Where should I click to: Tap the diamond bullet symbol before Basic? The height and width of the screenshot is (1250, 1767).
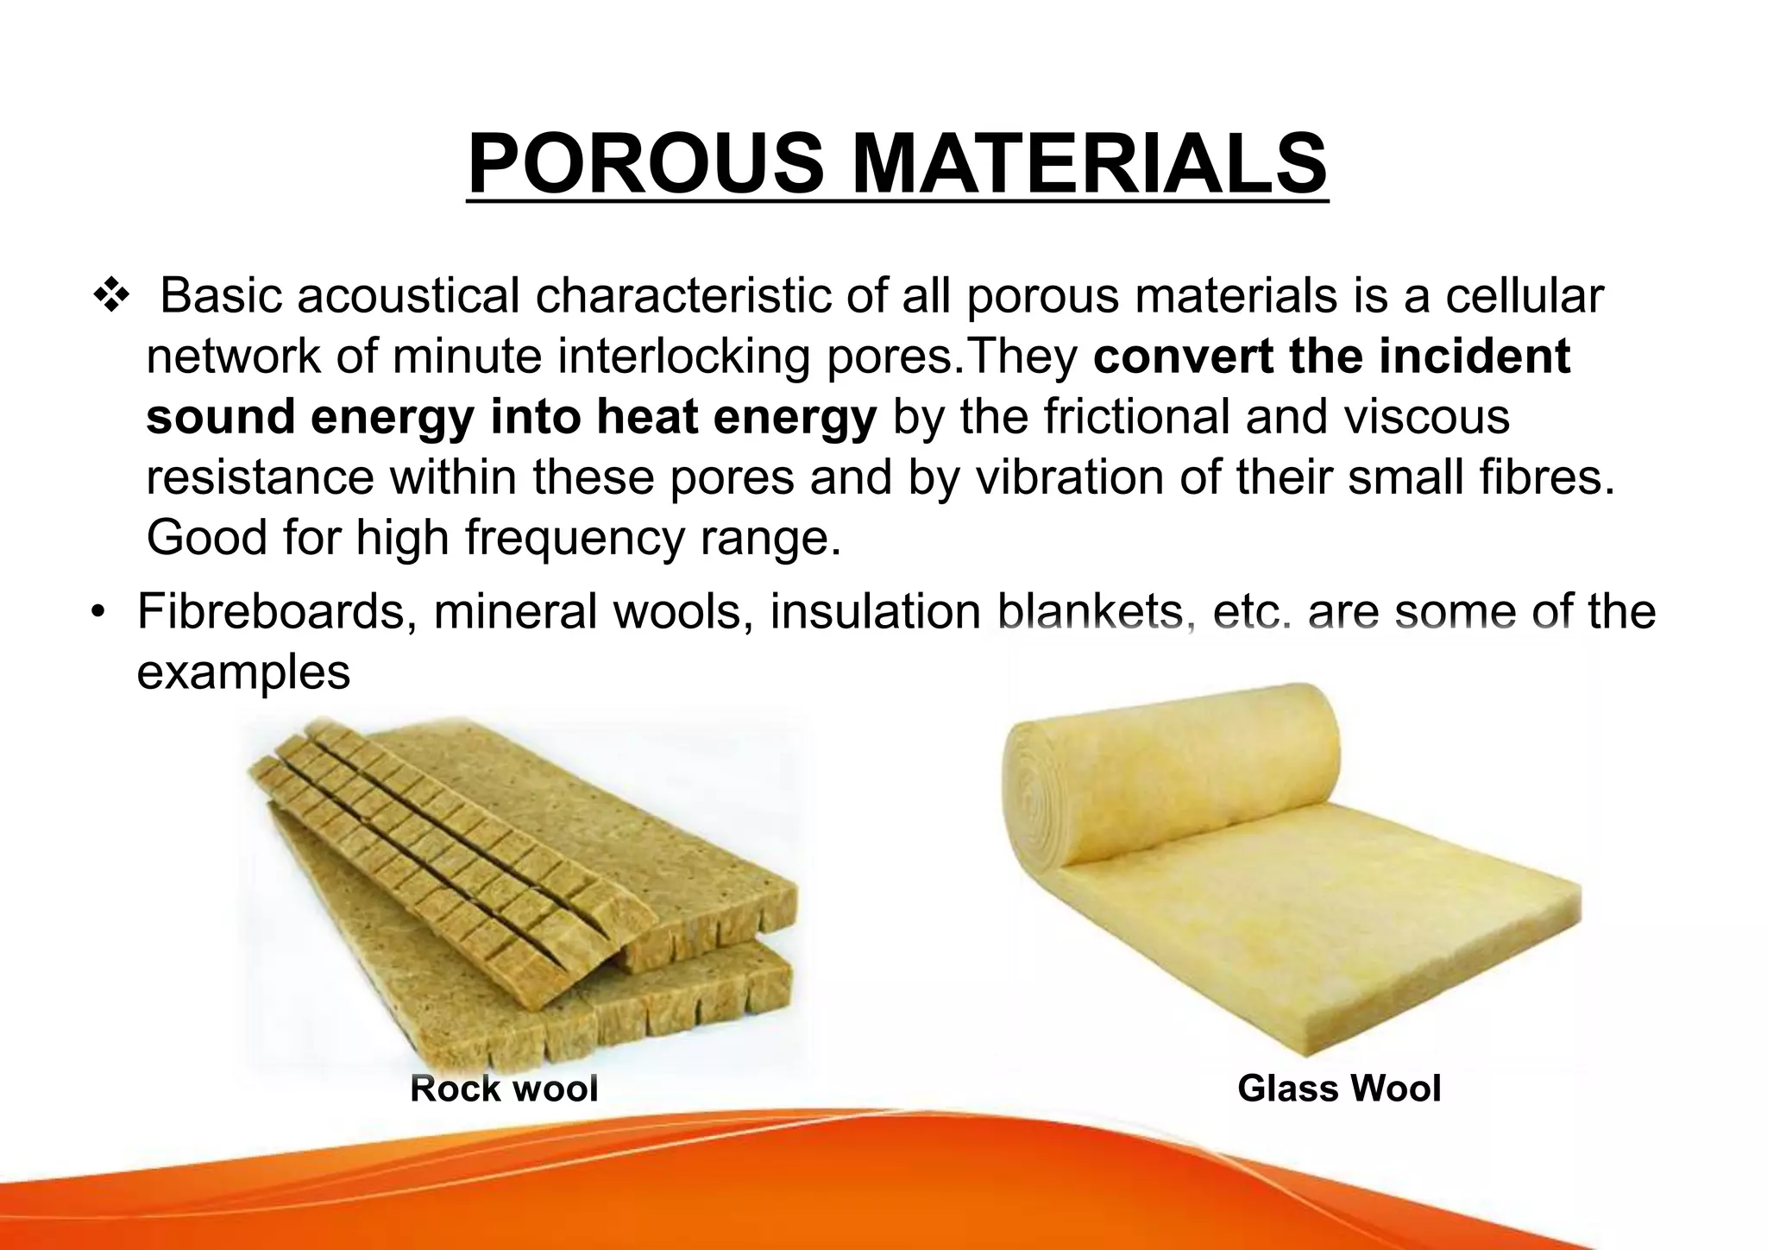pyautogui.click(x=111, y=297)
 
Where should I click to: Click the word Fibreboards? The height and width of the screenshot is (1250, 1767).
pyautogui.click(x=269, y=612)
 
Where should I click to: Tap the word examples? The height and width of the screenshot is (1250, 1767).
pyautogui.click(x=243, y=672)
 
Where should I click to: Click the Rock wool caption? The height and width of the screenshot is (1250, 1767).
pyautogui.click(x=504, y=1089)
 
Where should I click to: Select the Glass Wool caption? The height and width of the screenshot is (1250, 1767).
pyautogui.click(x=1339, y=1089)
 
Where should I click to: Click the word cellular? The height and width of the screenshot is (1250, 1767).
pyautogui.click(x=1525, y=296)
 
